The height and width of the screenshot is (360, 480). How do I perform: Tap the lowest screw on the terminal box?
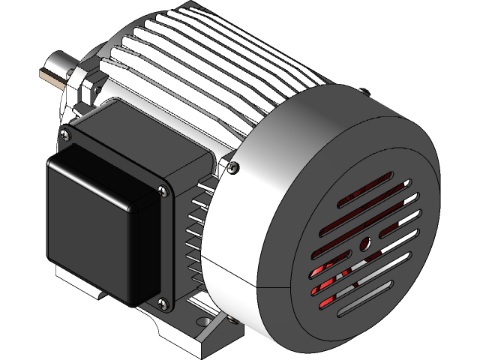pyautogui.click(x=160, y=304)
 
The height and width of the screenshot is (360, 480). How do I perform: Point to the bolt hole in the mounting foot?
pyautogui.click(x=200, y=323)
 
